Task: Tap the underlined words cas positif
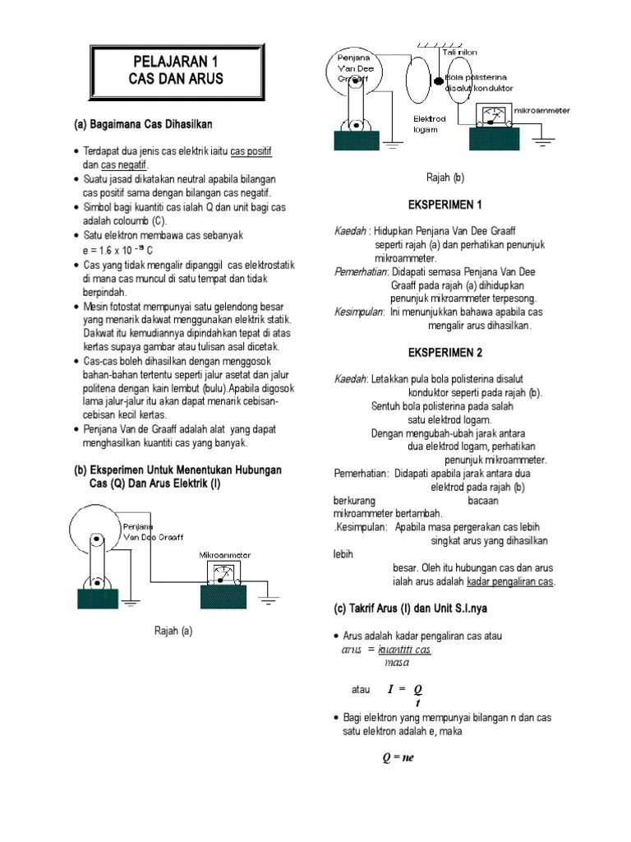pyautogui.click(x=251, y=152)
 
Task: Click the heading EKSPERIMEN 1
pyautogui.click(x=444, y=204)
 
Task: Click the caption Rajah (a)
pyautogui.click(x=173, y=631)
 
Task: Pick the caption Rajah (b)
pyautogui.click(x=444, y=177)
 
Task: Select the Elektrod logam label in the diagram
pyautogui.click(x=430, y=123)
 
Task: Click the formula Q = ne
pyautogui.click(x=398, y=757)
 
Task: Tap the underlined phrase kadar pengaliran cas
pyautogui.click(x=511, y=582)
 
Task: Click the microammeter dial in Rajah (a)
pyautogui.click(x=223, y=572)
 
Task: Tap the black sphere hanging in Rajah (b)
pyautogui.click(x=439, y=80)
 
